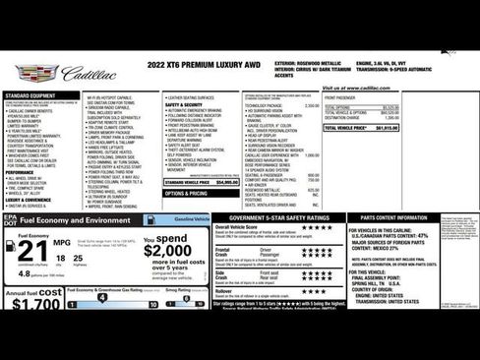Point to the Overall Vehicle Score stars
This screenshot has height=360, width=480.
(x=316, y=228)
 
